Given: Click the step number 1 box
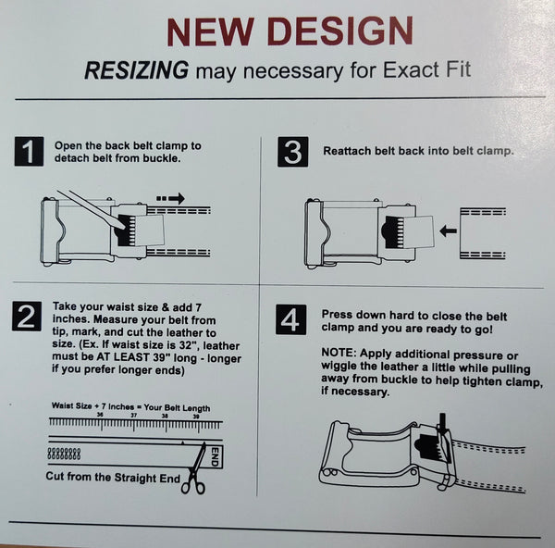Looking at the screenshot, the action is click(29, 151).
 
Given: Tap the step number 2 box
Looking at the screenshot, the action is click(27, 317).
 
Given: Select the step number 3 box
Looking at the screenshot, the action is click(292, 152).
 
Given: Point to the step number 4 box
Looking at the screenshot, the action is click(291, 319).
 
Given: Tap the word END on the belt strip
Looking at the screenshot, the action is click(216, 456).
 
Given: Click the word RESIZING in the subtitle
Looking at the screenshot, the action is click(137, 70).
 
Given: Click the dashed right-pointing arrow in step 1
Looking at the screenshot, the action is click(170, 198).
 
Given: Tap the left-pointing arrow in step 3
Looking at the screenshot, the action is click(448, 231).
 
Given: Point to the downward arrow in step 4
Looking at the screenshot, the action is click(442, 423).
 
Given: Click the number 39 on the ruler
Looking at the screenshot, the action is click(196, 417).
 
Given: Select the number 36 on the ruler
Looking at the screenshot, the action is click(100, 415).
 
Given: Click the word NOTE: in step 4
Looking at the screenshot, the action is click(339, 354).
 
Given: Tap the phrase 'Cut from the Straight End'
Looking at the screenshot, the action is click(113, 477).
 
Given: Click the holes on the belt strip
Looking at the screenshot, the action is click(64, 454).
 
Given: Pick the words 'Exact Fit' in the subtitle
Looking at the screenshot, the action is click(426, 69).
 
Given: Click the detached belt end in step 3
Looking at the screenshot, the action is click(483, 233).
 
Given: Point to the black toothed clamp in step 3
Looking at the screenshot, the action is click(394, 231).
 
